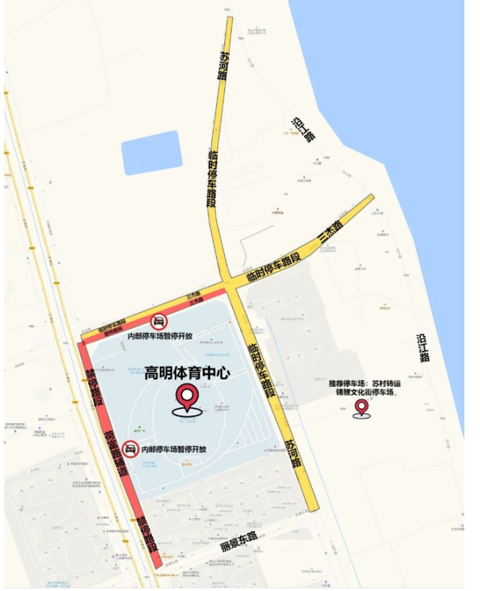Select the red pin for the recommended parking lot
[361, 407]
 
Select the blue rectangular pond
[151, 153]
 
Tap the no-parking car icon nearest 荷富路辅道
[130, 449]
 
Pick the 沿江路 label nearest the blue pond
[304, 130]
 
